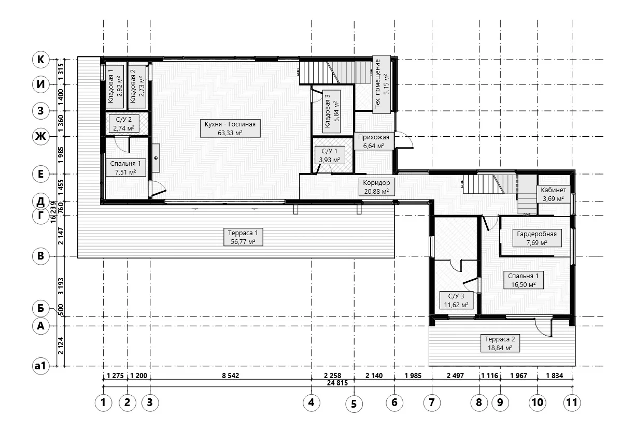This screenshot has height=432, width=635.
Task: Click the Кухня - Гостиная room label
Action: tap(230, 128)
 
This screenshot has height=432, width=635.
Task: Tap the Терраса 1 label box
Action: tap(243, 237)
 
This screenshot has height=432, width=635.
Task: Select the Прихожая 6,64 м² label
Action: tap(374, 141)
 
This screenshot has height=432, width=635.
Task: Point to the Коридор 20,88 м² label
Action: tap(376, 187)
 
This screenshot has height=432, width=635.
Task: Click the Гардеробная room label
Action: tap(537, 238)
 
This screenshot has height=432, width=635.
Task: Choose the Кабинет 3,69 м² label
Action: tap(553, 194)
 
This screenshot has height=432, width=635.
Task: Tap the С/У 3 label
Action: tap(456, 300)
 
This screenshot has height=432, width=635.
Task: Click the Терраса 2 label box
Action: tap(500, 343)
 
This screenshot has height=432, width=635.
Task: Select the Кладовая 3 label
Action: tap(331, 111)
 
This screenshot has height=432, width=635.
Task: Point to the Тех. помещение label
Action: tap(382, 84)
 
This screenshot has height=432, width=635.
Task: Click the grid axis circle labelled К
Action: tap(40, 60)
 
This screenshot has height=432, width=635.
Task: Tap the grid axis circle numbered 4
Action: tap(311, 402)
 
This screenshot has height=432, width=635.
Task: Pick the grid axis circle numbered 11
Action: tap(572, 402)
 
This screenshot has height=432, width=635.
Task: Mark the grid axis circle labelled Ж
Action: tap(40, 137)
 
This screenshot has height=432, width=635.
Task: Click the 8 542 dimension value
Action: tap(231, 376)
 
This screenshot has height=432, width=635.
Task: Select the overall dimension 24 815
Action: tap(337, 383)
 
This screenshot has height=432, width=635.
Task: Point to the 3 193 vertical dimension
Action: tap(61, 286)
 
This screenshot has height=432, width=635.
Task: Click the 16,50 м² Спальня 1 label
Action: tap(524, 280)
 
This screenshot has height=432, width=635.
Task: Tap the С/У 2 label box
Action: tap(124, 124)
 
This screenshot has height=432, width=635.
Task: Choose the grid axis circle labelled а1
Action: tap(40, 366)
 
